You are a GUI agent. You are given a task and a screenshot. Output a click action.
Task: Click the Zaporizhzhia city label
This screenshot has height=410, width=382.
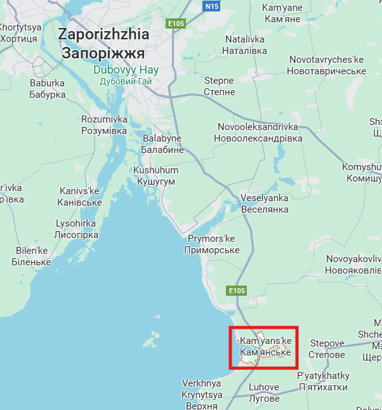[x=103, y=43]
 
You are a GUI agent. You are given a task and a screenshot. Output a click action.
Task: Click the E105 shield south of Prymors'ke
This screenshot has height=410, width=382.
[x=236, y=291]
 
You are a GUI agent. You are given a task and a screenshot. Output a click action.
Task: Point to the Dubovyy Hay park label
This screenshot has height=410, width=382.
[x=126, y=75]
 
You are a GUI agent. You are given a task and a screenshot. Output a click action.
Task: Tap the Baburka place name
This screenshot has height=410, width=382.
[x=48, y=89]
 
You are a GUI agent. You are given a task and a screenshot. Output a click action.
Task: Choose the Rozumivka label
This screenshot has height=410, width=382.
[x=104, y=125]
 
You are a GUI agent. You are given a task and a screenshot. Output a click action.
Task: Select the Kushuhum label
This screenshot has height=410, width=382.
[x=155, y=176]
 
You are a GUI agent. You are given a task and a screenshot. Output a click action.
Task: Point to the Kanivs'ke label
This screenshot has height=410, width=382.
[x=80, y=197]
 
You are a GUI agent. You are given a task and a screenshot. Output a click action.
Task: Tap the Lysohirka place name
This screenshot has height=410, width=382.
[x=76, y=229]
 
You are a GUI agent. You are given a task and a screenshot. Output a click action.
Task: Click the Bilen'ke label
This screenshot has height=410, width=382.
[x=33, y=256]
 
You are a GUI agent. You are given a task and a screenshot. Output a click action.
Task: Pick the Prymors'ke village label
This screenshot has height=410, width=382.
[x=212, y=244]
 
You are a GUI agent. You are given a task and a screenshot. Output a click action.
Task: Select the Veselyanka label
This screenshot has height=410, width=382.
[x=264, y=203]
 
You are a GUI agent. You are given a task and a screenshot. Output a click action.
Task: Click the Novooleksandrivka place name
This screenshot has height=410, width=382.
[x=258, y=132]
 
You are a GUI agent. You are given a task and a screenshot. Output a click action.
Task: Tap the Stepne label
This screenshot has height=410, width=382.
[x=219, y=86]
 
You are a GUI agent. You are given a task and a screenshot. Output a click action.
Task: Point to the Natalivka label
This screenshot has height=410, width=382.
[x=244, y=45]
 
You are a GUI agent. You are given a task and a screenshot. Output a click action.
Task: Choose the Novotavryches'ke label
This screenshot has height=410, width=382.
[x=326, y=65]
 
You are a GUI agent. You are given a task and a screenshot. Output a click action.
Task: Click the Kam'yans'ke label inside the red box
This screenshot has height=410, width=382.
[x=265, y=347]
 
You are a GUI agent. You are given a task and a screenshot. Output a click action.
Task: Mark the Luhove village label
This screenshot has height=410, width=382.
[x=263, y=393]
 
